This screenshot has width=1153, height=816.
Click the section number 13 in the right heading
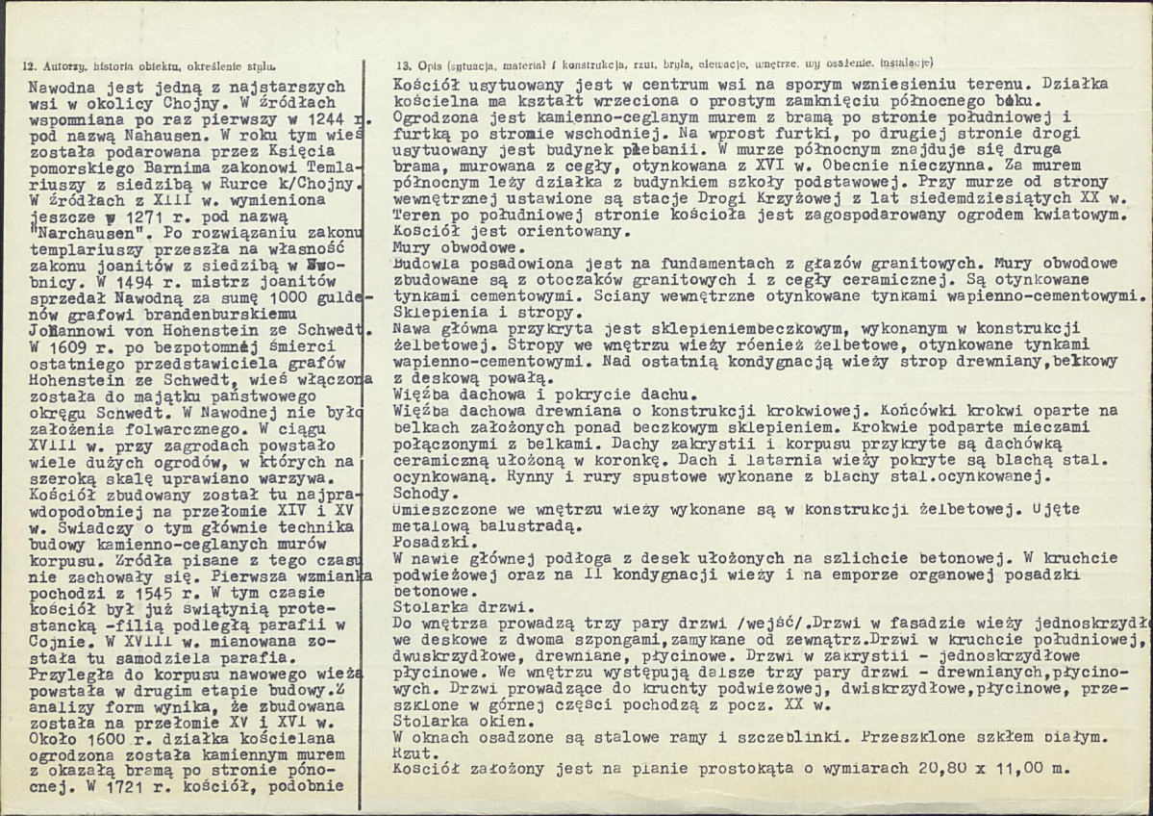[403, 65]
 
